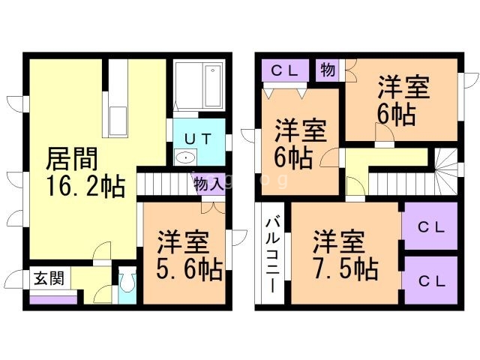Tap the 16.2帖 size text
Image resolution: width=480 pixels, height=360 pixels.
[85, 186]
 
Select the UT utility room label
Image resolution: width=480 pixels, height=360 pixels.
[197, 139]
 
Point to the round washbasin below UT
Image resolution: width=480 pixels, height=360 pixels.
[184, 157]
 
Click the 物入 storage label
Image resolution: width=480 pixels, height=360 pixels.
[208, 184]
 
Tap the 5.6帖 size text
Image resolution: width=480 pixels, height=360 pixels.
[189, 268]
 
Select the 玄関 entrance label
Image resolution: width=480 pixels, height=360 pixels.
[47, 277]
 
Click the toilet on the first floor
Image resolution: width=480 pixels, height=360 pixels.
[126, 284]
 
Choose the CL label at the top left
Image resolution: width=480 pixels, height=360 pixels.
[285, 71]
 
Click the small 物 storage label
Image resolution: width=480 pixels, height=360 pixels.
[327, 70]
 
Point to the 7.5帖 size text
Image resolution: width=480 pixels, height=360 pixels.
[345, 267]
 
